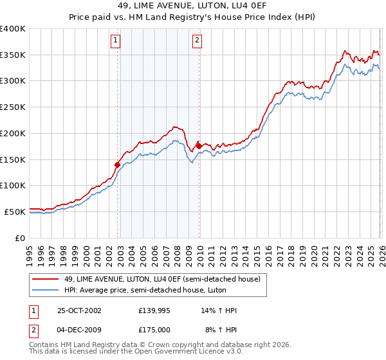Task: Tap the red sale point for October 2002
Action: pos(118,165)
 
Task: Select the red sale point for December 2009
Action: pos(199,146)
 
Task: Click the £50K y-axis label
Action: pos(15,212)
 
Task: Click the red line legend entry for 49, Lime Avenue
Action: pos(161,279)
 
